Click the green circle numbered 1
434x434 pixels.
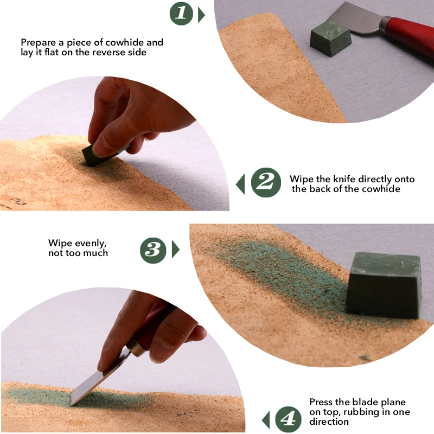pyautogui.click(x=182, y=14)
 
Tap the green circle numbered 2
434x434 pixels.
pyautogui.click(x=266, y=183)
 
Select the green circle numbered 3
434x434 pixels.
pyautogui.click(x=153, y=250)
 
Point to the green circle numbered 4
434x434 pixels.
pyautogui.click(x=289, y=419)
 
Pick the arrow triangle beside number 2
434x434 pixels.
pyautogui.click(x=240, y=184)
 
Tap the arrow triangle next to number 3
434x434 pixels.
pyautogui.click(x=175, y=250)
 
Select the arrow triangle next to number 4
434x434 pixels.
pyautogui.click(x=266, y=419)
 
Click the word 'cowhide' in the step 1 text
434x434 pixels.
pyautogui.click(x=146, y=42)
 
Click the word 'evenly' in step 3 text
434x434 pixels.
pyautogui.click(x=89, y=243)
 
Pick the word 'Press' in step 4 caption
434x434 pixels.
pyautogui.click(x=321, y=402)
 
